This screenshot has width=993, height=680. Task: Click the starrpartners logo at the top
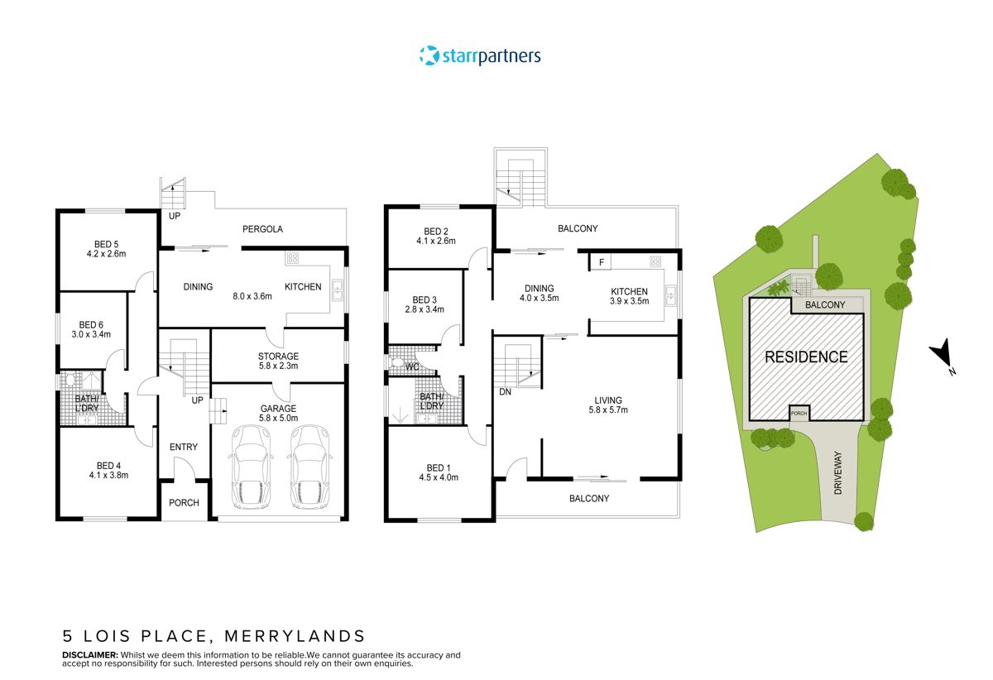480,56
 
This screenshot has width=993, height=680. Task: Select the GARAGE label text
278,409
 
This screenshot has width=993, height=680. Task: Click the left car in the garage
250,467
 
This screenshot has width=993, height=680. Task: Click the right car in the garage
309,467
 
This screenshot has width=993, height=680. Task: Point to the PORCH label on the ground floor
184,503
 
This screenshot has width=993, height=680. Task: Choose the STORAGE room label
278,357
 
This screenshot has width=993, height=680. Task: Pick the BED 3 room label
424,300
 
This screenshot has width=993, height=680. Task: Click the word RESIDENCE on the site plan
805,357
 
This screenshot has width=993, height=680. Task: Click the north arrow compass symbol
941,357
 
